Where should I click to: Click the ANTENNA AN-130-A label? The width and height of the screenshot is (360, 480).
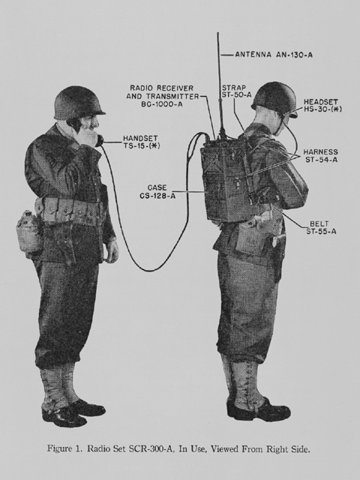pyautogui.click(x=274, y=55)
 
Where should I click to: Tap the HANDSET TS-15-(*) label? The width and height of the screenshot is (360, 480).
pyautogui.click(x=141, y=142)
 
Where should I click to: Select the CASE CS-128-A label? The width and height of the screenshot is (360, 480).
pyautogui.click(x=157, y=192)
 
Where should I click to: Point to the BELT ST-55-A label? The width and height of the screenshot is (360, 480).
pyautogui.click(x=321, y=228)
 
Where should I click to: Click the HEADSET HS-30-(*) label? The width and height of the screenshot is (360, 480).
pyautogui.click(x=322, y=106)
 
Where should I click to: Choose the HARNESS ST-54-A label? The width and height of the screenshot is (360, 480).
pyautogui.click(x=320, y=155)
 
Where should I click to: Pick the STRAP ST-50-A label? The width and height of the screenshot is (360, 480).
pyautogui.click(x=237, y=91)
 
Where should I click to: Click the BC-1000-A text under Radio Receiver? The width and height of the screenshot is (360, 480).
pyautogui.click(x=162, y=104)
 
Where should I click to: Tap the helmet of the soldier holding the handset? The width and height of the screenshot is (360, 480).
pyautogui.click(x=79, y=103)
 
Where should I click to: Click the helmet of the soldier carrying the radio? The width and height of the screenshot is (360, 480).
pyautogui.click(x=274, y=98)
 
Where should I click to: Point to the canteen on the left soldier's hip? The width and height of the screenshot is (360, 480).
pyautogui.click(x=28, y=230)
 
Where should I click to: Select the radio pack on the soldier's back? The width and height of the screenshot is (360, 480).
pyautogui.click(x=227, y=181)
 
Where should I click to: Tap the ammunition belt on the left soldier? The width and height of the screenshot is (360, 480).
pyautogui.click(x=70, y=211)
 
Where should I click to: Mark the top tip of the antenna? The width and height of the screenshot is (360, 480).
pyautogui.click(x=218, y=32)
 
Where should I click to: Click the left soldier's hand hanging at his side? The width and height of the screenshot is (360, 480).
pyautogui.click(x=112, y=250)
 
